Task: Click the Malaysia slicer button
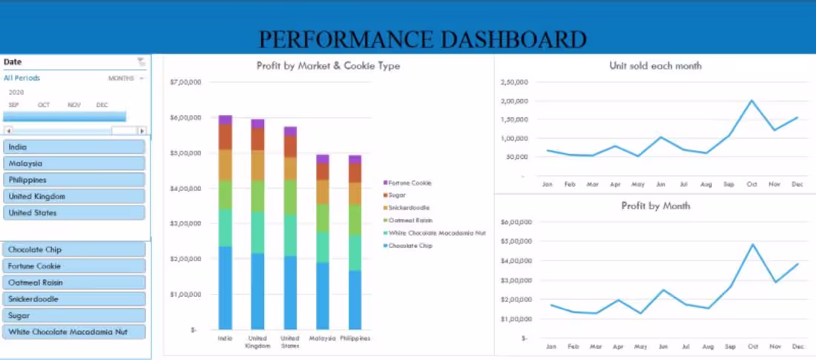click(x=73, y=163)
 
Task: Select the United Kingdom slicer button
click(x=73, y=197)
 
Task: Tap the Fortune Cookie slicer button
click(x=73, y=266)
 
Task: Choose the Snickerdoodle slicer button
click(x=73, y=299)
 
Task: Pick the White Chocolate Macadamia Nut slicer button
click(x=73, y=332)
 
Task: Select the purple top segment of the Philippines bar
click(x=355, y=159)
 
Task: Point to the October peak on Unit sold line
click(x=751, y=100)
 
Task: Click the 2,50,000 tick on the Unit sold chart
click(x=513, y=82)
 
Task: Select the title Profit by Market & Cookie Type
click(x=328, y=66)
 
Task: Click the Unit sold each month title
click(x=655, y=66)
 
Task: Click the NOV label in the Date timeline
click(x=74, y=105)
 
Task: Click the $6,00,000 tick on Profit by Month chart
click(x=513, y=223)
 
